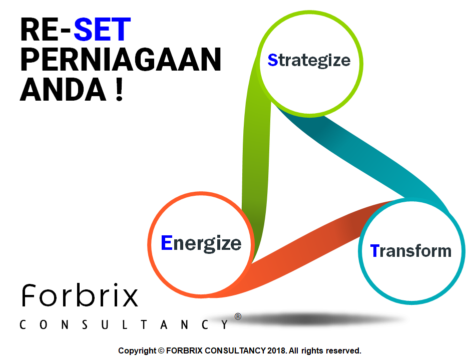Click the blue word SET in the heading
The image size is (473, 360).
point(102,29)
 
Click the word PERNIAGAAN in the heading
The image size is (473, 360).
point(121,60)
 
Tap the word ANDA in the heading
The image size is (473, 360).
point(63,89)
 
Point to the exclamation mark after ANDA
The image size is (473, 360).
point(119,89)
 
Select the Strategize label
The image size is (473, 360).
point(309,61)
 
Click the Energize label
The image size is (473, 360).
point(201,243)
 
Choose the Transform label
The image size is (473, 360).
point(410,251)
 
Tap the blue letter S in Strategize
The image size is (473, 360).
point(273,60)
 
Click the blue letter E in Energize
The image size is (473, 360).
point(167,242)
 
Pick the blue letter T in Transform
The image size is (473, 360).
point(375,250)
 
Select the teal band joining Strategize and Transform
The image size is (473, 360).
point(362,157)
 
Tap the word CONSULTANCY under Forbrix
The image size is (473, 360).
point(124,324)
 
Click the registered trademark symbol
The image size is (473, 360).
point(238,316)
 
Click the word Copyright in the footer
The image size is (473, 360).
point(137,351)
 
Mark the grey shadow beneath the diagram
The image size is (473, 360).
point(314,319)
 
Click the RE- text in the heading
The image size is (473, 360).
point(45,29)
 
